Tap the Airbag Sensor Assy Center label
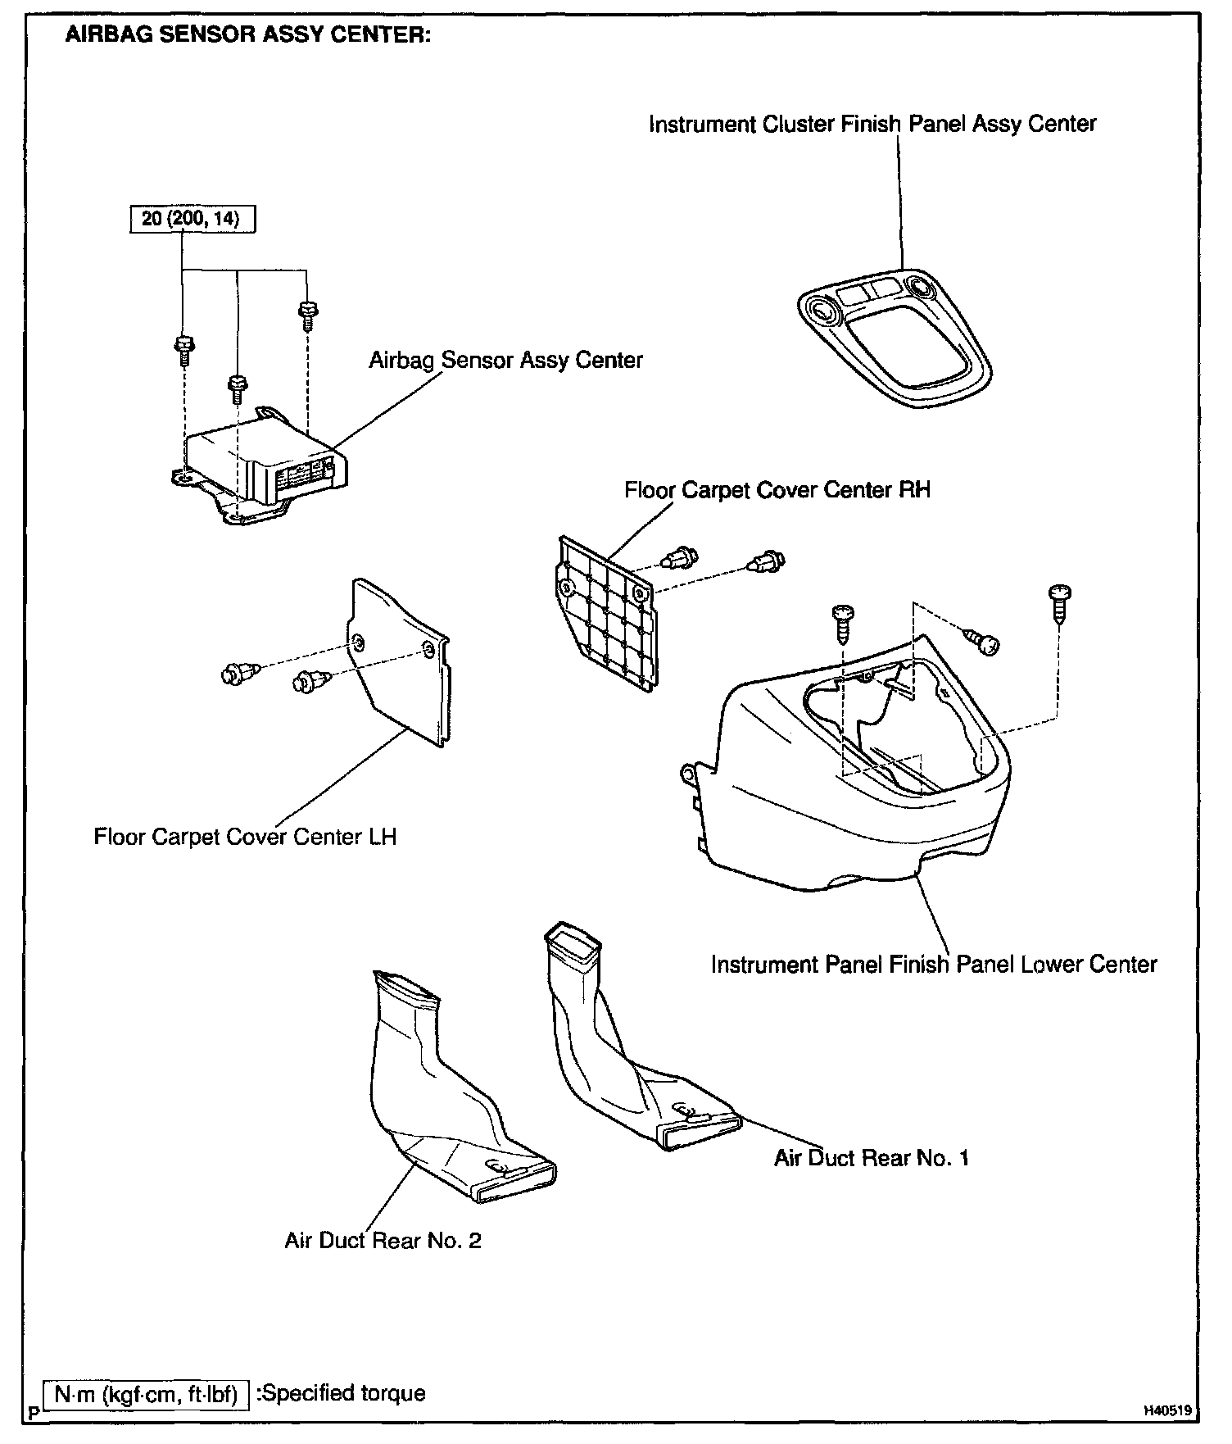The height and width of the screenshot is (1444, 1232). point(505,361)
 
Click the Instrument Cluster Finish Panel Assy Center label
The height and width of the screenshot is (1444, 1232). point(872,125)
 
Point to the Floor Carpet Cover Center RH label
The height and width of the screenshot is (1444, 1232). point(777,490)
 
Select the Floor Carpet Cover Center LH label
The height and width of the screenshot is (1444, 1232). point(245,837)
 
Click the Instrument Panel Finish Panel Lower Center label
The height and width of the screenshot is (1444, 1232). point(933,964)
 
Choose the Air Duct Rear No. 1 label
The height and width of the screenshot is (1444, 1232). point(872,1158)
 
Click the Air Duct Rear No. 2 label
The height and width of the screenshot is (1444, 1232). point(383,1241)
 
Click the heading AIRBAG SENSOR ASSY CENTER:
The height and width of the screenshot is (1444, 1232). point(247,37)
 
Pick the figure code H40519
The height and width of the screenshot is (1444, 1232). point(1167,1411)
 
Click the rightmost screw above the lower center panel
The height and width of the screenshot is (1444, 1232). point(1059,602)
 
